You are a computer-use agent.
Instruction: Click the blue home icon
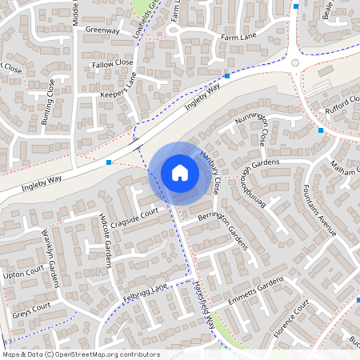[x=179, y=172]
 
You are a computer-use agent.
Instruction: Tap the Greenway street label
[x=102, y=31]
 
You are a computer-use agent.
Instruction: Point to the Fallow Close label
[x=113, y=62]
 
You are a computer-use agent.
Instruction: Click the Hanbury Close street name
[x=210, y=172]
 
